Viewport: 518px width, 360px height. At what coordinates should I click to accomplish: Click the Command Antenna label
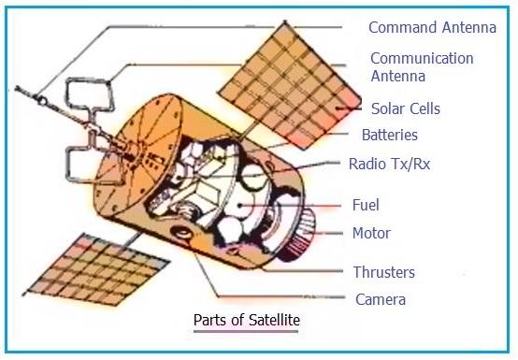pyautogui.click(x=431, y=27)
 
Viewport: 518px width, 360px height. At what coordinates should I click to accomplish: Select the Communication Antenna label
pyautogui.click(x=422, y=65)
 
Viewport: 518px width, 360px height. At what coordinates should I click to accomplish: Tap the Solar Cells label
pyautogui.click(x=405, y=108)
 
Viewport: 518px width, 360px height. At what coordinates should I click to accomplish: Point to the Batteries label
pyautogui.click(x=389, y=136)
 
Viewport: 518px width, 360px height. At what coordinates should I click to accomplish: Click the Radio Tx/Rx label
pyautogui.click(x=389, y=164)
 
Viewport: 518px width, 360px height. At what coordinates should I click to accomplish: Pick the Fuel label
pyautogui.click(x=365, y=205)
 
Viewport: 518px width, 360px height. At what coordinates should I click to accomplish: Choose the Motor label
pyautogui.click(x=371, y=233)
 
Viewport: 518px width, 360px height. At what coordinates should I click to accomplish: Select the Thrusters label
pyautogui.click(x=383, y=273)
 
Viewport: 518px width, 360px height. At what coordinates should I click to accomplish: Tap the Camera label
pyautogui.click(x=380, y=300)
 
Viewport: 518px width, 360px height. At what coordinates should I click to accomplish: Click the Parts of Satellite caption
pyautogui.click(x=246, y=321)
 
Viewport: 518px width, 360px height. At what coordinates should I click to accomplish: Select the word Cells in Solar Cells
pyautogui.click(x=422, y=108)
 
